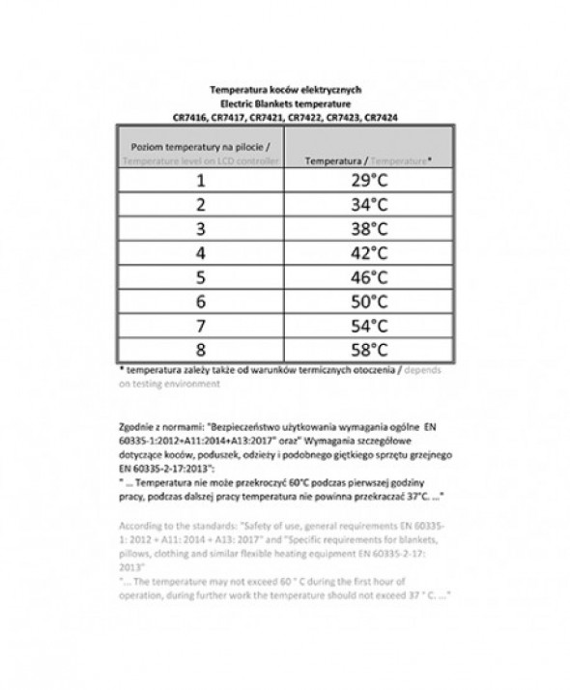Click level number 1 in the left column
[x=201, y=181]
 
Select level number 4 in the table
[x=201, y=253]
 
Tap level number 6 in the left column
[x=201, y=302]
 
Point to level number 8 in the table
[x=201, y=350]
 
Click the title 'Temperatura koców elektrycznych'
[x=284, y=86]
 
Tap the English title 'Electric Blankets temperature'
[x=284, y=101]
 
